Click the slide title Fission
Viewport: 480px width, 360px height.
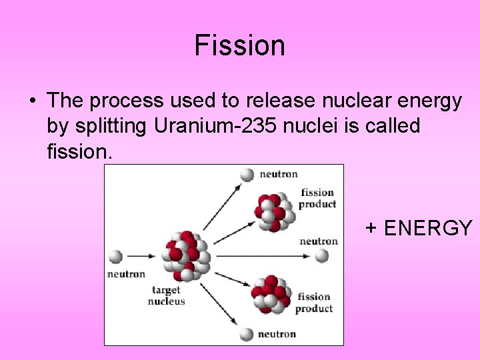tap(240, 46)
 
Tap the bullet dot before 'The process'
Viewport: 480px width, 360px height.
tap(32, 102)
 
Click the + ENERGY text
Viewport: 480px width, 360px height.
tap(419, 228)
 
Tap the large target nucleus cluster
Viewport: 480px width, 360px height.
tap(185, 256)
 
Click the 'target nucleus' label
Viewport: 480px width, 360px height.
tap(167, 295)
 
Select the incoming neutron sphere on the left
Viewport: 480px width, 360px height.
tap(115, 256)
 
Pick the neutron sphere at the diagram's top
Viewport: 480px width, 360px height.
tap(247, 175)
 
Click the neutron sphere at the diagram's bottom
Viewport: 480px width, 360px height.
tap(247, 334)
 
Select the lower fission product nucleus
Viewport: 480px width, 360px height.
tap(269, 294)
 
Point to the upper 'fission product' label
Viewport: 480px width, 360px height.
tap(317, 199)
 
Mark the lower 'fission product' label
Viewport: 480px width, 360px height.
tap(314, 303)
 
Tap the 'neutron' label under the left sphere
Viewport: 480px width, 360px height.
tap(126, 274)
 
